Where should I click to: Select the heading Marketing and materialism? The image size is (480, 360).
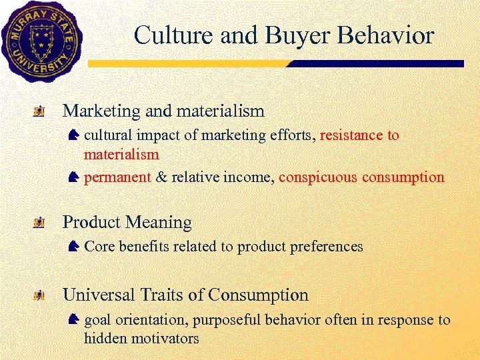coord(163,110)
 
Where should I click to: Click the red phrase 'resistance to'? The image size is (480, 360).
coord(359,135)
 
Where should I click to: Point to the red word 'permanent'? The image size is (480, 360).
coord(117,177)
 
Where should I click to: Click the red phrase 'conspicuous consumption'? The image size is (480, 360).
coord(361,177)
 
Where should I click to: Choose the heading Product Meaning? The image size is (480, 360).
coord(127,222)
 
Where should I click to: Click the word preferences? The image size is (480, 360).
coord(329,247)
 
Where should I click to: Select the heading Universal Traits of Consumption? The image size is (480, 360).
coord(185,295)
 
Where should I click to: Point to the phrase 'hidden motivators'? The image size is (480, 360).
coord(141,339)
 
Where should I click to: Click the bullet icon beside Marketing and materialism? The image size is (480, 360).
coord(41,111)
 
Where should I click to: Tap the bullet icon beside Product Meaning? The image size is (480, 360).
coord(41,223)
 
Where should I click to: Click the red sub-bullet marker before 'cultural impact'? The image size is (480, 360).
coord(73,135)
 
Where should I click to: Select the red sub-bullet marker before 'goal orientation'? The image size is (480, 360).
coord(73,320)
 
